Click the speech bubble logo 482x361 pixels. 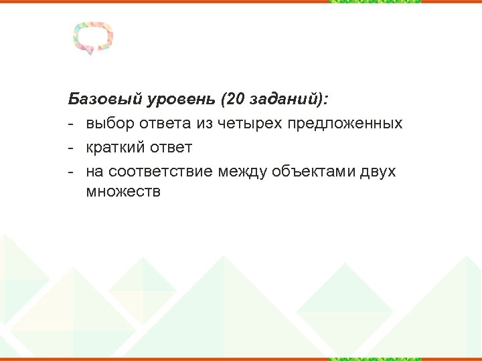coord(93,37)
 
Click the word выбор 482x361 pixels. coord(110,124)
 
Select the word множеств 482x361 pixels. coord(124,193)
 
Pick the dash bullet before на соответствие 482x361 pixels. coord(71,172)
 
